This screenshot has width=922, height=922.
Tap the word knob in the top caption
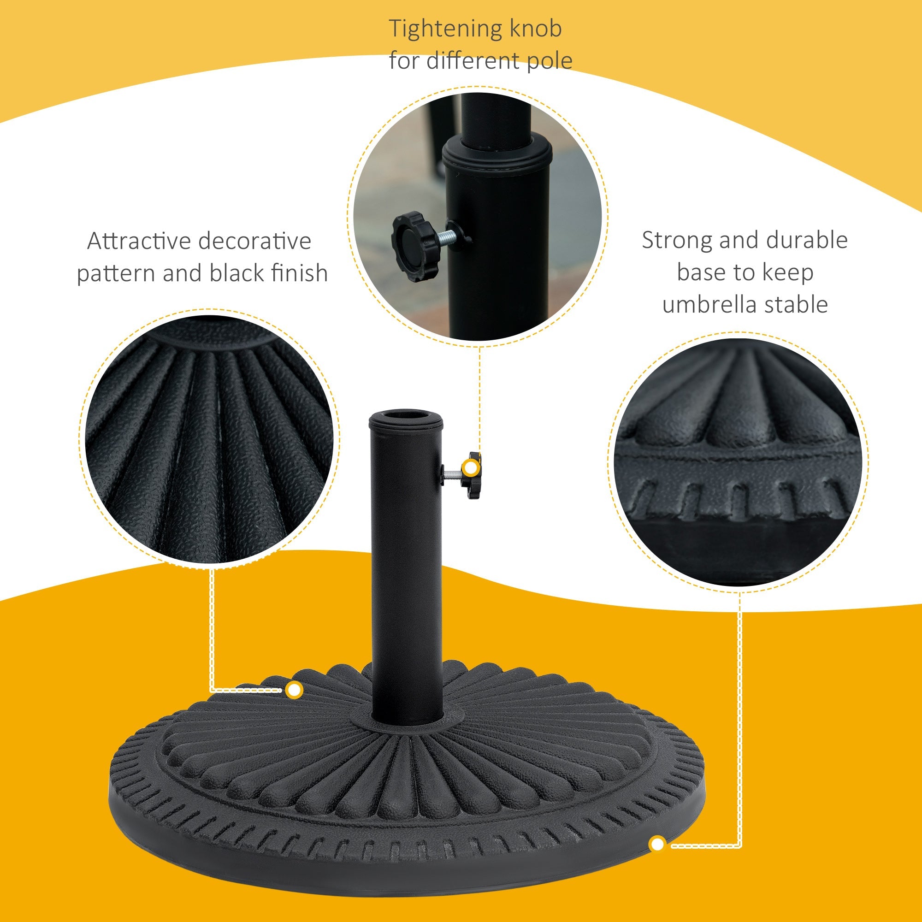(x=535, y=29)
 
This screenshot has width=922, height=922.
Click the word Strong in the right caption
(x=676, y=240)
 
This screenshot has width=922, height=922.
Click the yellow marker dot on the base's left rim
(x=295, y=690)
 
